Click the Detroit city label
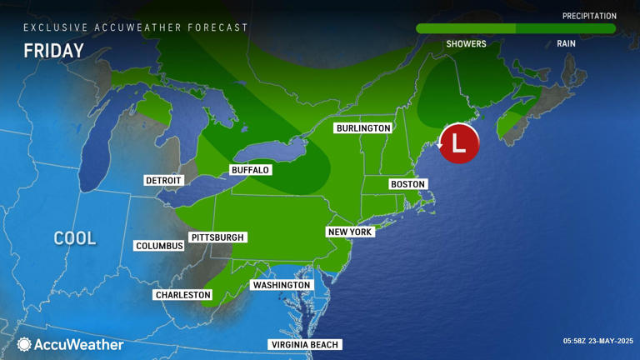tap(163, 180)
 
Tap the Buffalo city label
tap(250, 170)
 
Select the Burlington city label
tap(362, 128)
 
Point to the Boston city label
tap(408, 184)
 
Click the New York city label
tap(350, 232)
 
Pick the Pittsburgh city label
tap(218, 237)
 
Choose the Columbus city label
tap(159, 246)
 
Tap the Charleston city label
tap(183, 295)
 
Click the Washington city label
tap(281, 285)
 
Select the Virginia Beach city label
tap(305, 345)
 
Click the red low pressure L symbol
tap(458, 143)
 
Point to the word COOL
tap(75, 238)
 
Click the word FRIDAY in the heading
tap(53, 51)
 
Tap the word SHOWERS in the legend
tap(466, 44)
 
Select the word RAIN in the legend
tap(566, 44)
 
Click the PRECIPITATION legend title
tap(589, 16)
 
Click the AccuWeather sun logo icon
tap(24, 344)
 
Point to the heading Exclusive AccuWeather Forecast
tap(136, 27)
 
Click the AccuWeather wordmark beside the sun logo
tap(79, 344)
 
